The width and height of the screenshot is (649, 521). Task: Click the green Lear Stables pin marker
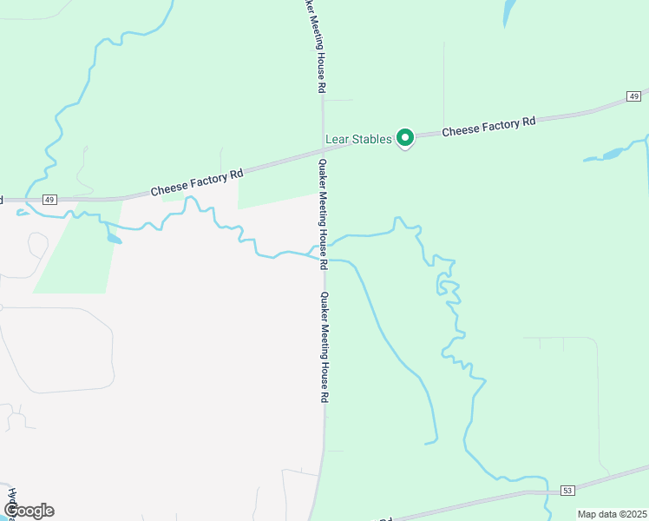click(404, 137)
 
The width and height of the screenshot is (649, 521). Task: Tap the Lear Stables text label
click(358, 139)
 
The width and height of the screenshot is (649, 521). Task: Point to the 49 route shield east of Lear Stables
click(635, 96)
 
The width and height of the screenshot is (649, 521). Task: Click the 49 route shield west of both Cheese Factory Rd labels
click(49, 200)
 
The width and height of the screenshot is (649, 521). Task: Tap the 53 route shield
click(567, 491)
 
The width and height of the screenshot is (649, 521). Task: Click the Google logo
click(28, 511)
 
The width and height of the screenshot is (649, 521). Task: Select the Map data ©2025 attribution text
click(612, 514)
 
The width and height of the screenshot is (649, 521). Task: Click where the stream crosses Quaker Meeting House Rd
click(323, 254)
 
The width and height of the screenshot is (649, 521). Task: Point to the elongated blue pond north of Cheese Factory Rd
click(508, 12)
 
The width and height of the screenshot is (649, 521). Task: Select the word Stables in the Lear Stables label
click(372, 139)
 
